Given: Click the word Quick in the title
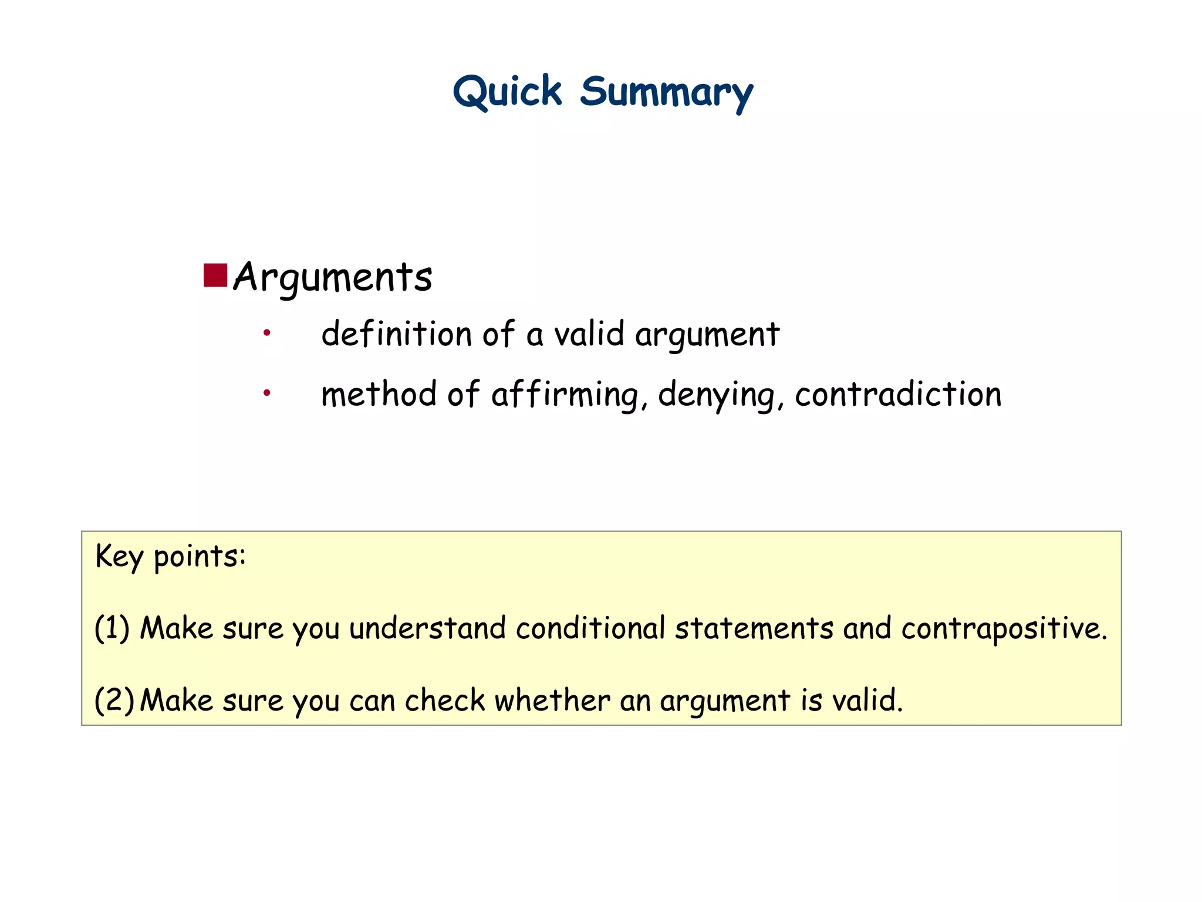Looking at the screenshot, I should (x=507, y=92).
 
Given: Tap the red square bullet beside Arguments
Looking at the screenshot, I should (x=215, y=275).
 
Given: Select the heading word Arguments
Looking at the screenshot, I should (x=333, y=277).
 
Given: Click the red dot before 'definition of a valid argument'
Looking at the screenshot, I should (x=267, y=333).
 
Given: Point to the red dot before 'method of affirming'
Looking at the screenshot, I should (x=267, y=392).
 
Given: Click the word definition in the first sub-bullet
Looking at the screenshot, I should (x=397, y=334).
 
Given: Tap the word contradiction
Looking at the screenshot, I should (x=898, y=394).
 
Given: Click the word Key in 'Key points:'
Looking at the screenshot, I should (x=119, y=556).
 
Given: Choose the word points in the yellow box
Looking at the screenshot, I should (x=199, y=556).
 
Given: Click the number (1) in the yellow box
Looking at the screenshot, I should (x=112, y=628).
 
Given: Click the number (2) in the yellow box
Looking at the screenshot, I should (x=114, y=700).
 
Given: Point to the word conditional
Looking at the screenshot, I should (x=590, y=628).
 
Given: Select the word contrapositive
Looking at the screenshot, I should (x=1004, y=629).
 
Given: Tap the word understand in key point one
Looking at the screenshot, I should (x=427, y=628).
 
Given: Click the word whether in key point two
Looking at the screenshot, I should (x=552, y=700).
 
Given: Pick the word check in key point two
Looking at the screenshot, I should (x=445, y=700).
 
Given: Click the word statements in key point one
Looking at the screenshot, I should (x=754, y=628).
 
